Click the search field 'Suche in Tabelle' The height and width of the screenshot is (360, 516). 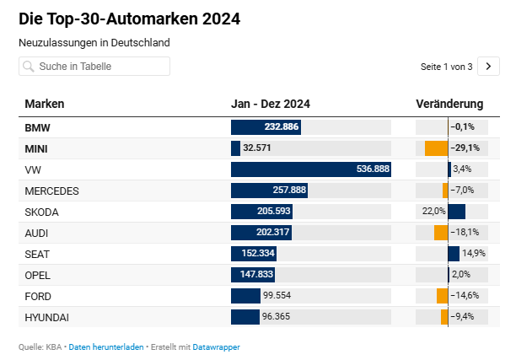coord(94,66)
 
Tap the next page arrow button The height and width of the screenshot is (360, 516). coord(488,66)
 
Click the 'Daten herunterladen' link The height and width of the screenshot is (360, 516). coord(106,347)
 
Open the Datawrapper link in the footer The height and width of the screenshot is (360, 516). coord(216,347)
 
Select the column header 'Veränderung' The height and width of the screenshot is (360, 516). coord(449,104)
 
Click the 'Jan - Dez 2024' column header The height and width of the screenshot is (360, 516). coord(271,104)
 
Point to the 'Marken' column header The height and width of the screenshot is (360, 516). coord(45,104)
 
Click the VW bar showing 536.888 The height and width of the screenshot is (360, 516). coord(311,169)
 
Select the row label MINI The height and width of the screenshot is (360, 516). coord(36,148)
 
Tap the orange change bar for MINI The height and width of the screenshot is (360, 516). coord(437,148)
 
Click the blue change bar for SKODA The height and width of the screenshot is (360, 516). coord(457,212)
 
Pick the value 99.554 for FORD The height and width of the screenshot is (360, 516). coord(277,295)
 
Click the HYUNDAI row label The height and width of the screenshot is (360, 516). coord(46,318)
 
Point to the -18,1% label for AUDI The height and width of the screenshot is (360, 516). coord(465,233)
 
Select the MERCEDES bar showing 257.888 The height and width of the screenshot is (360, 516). coord(269,191)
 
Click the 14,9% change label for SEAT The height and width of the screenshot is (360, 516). coord(474,254)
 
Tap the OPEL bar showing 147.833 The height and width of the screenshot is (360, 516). coord(253,275)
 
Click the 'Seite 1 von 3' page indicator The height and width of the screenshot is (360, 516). coord(446,67)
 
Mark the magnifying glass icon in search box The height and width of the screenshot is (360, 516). coord(29,67)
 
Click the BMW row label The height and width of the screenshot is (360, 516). coord(37,127)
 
